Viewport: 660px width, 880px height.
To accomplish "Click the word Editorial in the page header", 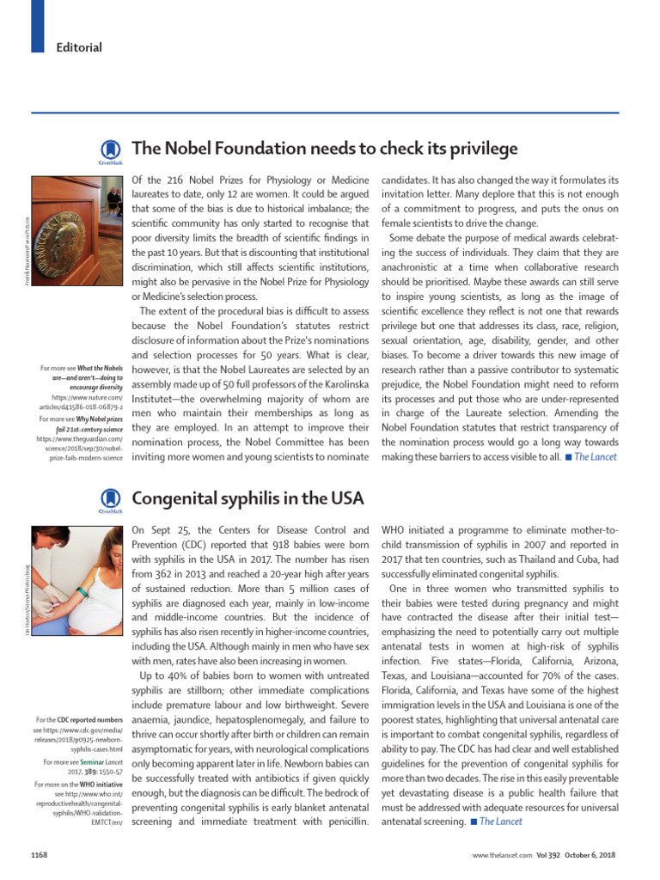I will (x=80, y=47).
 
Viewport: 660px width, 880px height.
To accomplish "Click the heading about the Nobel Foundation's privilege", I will (x=325, y=149).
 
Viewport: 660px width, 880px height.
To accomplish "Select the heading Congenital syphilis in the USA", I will (x=248, y=498).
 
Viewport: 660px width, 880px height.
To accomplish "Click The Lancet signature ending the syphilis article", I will (x=500, y=821).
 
